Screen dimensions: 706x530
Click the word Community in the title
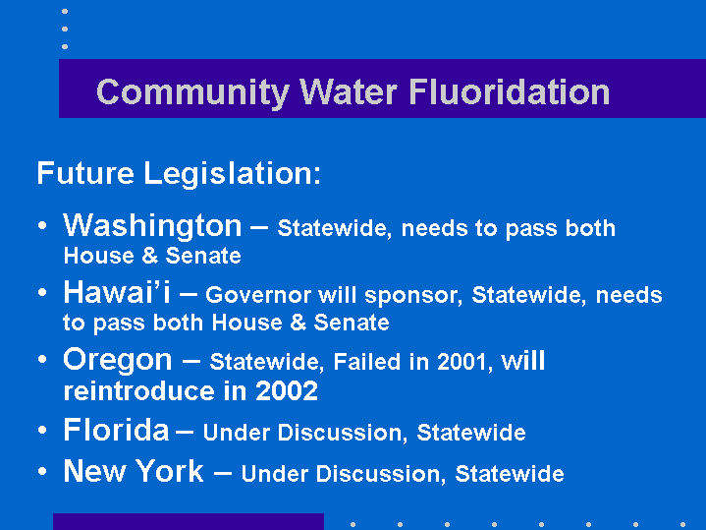(x=192, y=93)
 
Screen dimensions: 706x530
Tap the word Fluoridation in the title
(x=510, y=91)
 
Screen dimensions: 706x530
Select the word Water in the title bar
(x=349, y=92)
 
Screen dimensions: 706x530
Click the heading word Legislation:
(x=232, y=174)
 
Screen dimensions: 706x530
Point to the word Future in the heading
(x=85, y=173)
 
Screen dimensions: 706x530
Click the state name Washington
(x=152, y=226)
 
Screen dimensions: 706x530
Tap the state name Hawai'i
(x=117, y=292)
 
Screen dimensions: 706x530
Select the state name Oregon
(x=118, y=361)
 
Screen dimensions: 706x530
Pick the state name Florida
(x=116, y=430)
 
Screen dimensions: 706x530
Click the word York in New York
(x=170, y=471)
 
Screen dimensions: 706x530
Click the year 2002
(x=287, y=391)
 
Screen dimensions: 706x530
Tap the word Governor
(x=258, y=295)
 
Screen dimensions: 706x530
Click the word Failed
(x=367, y=361)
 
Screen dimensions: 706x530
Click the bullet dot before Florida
(x=42, y=430)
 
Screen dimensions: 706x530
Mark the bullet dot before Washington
(x=42, y=225)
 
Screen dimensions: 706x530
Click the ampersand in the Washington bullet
(x=150, y=256)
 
